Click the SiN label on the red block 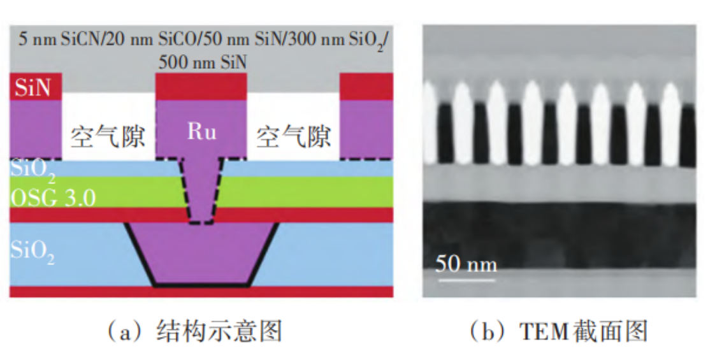point(33,87)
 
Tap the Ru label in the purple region point(201,132)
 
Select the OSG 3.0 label point(53,198)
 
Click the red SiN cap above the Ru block point(201,87)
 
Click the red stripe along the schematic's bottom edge point(201,292)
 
